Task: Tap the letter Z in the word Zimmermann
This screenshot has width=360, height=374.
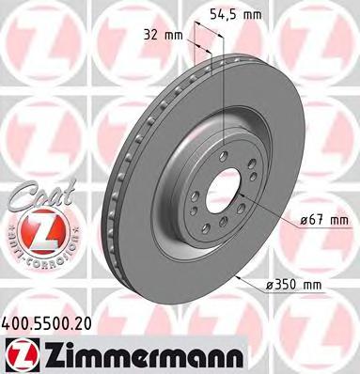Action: (x=47, y=353)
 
